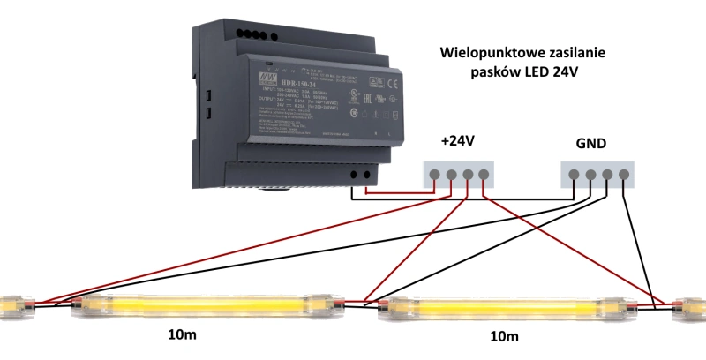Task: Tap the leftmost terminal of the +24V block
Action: click(435, 174)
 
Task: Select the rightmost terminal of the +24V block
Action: click(484, 174)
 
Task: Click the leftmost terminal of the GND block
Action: click(575, 174)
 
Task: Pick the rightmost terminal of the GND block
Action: click(624, 174)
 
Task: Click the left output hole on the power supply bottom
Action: click(354, 175)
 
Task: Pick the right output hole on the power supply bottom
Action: click(368, 174)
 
